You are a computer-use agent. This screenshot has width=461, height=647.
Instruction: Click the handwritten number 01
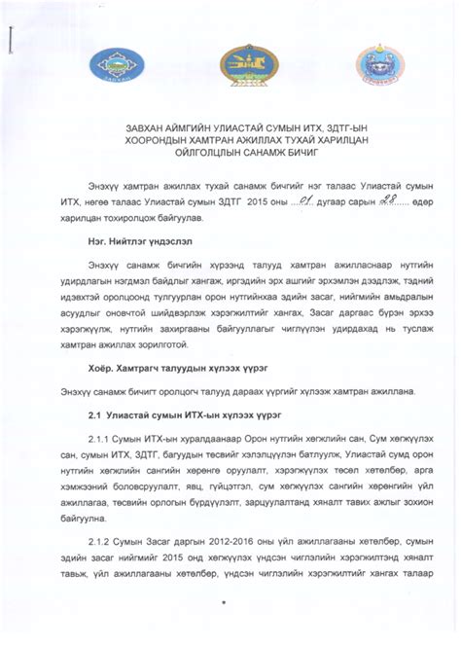306,202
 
